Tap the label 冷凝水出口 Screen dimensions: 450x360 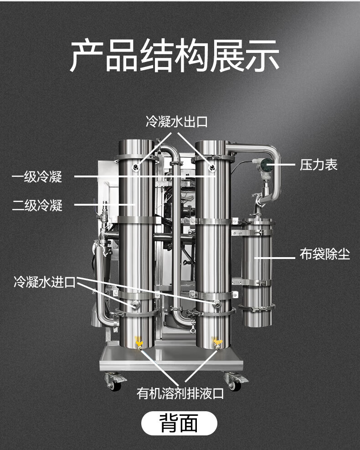(x=176, y=122)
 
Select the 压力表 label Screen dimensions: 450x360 (x=319, y=165)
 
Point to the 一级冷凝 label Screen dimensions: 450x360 (x=37, y=176)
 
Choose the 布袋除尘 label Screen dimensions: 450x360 (x=324, y=254)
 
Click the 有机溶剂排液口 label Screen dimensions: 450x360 (x=180, y=393)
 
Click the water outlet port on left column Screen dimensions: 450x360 (x=135, y=167)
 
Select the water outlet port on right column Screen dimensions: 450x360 (x=212, y=167)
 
